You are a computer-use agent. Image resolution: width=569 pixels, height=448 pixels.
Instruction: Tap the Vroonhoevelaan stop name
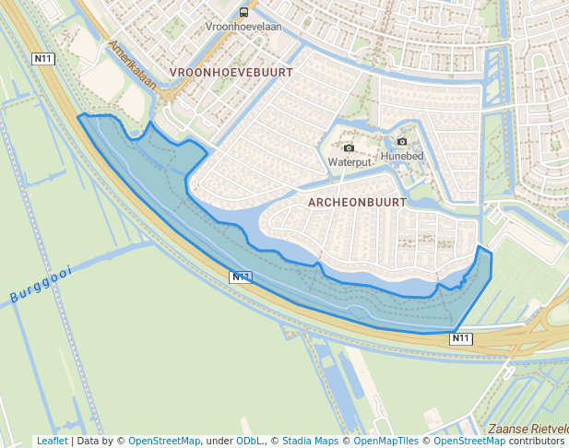(x=244, y=28)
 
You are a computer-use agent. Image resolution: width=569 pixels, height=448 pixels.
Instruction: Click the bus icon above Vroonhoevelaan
(x=244, y=13)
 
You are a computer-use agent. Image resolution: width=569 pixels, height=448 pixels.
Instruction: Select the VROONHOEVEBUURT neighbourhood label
(x=231, y=72)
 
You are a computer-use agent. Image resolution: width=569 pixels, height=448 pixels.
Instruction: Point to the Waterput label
(x=350, y=162)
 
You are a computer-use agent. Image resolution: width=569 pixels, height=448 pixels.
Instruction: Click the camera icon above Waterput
(x=349, y=147)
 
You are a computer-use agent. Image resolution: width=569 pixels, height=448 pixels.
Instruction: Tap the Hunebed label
(x=401, y=157)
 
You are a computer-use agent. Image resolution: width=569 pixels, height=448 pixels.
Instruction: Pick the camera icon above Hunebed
(x=402, y=142)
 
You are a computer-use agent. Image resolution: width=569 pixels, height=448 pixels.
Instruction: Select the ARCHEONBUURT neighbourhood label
(x=358, y=201)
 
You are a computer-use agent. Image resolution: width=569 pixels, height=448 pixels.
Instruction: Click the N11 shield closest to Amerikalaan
(x=42, y=59)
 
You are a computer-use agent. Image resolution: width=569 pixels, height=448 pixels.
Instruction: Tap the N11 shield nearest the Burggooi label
(x=240, y=277)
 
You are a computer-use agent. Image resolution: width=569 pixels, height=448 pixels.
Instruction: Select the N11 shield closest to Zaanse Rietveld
(x=461, y=338)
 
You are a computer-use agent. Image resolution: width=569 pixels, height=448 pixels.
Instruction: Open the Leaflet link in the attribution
(x=53, y=441)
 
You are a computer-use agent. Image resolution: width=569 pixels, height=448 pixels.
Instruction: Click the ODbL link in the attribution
(x=249, y=441)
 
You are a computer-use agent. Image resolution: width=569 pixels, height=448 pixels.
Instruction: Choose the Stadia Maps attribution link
(x=310, y=441)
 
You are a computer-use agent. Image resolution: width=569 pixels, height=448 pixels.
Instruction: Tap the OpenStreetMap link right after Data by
(x=164, y=441)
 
